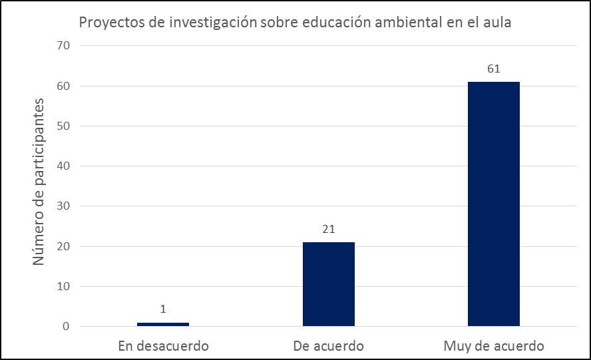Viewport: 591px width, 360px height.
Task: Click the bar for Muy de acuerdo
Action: (x=493, y=204)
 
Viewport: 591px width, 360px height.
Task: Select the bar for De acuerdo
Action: (x=328, y=284)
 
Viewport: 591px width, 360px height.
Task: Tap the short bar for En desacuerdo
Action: (x=163, y=324)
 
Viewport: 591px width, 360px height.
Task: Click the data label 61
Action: (x=493, y=69)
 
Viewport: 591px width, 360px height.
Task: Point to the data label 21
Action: (x=328, y=229)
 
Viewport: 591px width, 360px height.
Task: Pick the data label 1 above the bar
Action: (x=163, y=309)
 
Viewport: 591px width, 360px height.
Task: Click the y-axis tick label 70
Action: (x=64, y=46)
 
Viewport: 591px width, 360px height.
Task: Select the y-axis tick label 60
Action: (x=64, y=86)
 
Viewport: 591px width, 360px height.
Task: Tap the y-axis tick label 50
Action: (x=64, y=126)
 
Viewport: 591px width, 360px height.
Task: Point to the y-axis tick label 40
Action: (x=64, y=166)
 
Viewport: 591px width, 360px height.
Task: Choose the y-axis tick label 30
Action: (x=64, y=206)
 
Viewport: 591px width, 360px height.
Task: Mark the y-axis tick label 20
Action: (x=64, y=246)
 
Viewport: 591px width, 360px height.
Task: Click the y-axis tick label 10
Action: (x=64, y=287)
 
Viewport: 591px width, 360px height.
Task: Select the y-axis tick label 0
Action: (x=67, y=327)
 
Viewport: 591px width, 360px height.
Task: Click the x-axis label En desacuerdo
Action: (x=163, y=346)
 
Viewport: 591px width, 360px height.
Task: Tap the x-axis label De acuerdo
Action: (x=328, y=346)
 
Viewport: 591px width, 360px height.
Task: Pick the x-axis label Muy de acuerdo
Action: (x=493, y=346)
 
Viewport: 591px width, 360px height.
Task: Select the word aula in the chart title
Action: (x=497, y=23)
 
